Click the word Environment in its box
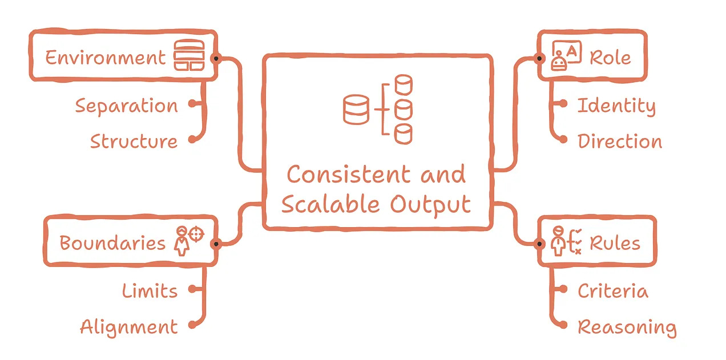point(105,58)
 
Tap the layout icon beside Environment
point(190,56)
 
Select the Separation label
point(126,106)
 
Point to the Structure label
point(134,141)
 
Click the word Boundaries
point(112,243)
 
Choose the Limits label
point(150,291)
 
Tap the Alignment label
point(128,327)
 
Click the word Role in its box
point(610,58)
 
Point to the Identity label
point(616,106)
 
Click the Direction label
point(620,141)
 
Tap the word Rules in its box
point(615,243)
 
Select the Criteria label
point(612,291)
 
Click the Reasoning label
point(627,327)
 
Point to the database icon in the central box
point(378,109)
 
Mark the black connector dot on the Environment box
point(215,58)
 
